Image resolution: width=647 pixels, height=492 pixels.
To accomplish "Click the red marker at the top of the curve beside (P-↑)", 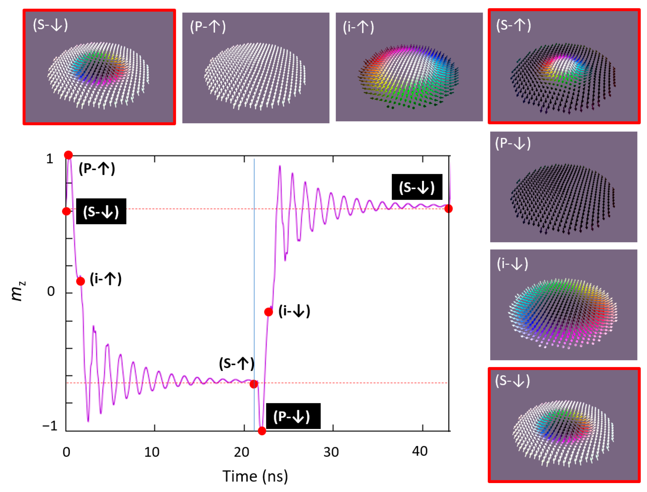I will pyautogui.click(x=68, y=155).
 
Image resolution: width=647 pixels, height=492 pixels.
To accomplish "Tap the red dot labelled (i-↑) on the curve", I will pyautogui.click(x=81, y=281).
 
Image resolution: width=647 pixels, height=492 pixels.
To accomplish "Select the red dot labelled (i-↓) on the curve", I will pyautogui.click(x=268, y=312).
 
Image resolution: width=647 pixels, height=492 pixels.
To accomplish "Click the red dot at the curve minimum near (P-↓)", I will pyautogui.click(x=262, y=431).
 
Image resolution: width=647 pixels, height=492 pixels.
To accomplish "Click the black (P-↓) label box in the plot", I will pyautogui.click(x=293, y=416).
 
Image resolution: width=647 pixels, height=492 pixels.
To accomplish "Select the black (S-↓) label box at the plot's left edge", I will pyautogui.click(x=101, y=211).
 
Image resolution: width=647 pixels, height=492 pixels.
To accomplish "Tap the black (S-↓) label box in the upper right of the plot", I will pyautogui.click(x=417, y=187).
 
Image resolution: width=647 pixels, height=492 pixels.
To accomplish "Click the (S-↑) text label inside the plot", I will pyautogui.click(x=236, y=363).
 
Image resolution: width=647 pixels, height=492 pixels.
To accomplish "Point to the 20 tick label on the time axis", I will pyautogui.click(x=241, y=452).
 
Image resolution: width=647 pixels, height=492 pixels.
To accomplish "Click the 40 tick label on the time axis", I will pyautogui.click(x=420, y=451).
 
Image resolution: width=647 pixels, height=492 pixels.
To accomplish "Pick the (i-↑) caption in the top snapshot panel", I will pyautogui.click(x=358, y=27).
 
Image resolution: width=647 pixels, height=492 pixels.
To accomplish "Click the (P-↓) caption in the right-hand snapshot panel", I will pyautogui.click(x=512, y=143).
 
